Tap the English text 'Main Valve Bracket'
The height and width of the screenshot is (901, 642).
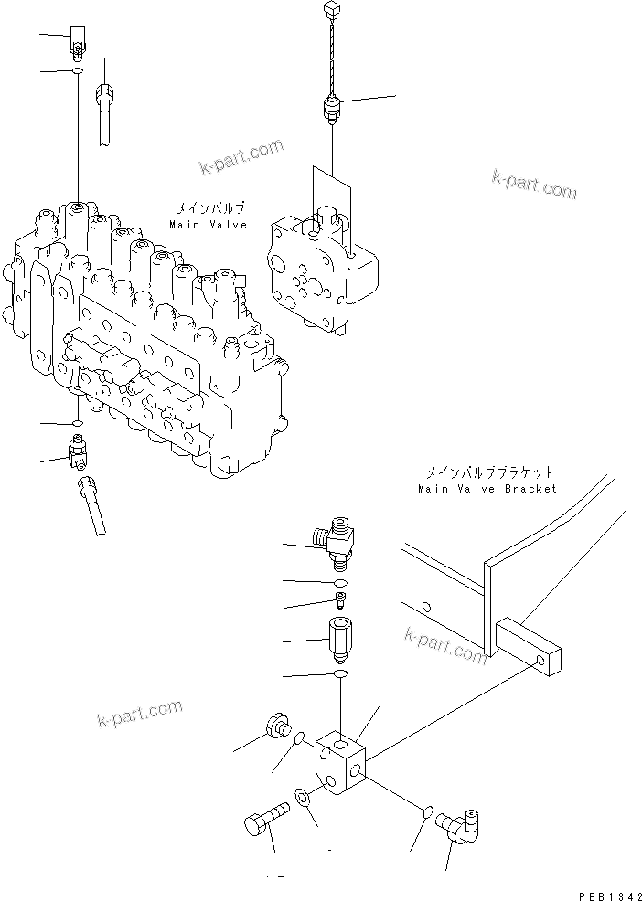click(487, 489)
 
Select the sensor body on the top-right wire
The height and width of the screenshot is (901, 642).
click(331, 110)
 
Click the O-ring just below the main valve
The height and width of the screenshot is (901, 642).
click(77, 424)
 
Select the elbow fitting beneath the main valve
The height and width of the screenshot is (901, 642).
click(77, 450)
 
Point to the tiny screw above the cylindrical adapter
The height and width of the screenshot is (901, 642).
click(339, 600)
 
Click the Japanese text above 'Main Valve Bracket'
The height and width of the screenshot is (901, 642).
click(488, 473)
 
